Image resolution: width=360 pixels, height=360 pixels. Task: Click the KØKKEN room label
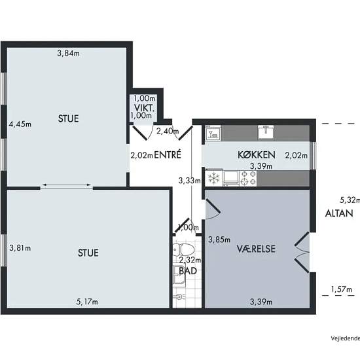pos(256,155)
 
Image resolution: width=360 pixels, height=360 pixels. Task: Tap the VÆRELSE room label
pos(256,249)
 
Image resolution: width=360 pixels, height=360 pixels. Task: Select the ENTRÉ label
pos(168,154)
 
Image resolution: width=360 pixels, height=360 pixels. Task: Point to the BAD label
pos(188,271)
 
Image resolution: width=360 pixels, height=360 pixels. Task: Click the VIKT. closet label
pos(144,108)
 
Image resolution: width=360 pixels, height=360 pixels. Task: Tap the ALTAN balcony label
pos(339,213)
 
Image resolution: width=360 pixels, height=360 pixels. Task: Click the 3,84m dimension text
pos(69,54)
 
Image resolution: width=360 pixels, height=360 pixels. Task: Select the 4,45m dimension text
pos(20,124)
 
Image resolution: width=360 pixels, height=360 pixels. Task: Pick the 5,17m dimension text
pos(87,302)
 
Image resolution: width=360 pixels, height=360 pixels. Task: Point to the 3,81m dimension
pos(20,248)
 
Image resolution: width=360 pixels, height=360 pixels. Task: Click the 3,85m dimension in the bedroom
pos(219,240)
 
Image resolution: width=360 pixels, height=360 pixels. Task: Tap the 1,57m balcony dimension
pos(341,289)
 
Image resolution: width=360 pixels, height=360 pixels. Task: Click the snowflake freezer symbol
pos(214,179)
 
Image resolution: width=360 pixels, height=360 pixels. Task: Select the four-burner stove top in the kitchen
pos(248,178)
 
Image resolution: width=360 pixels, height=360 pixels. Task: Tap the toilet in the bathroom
pos(183,249)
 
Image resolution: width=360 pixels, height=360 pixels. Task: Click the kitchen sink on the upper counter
pos(266,132)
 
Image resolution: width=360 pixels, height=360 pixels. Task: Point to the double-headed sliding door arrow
pos(67,185)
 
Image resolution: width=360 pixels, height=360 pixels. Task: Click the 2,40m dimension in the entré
pos(168,132)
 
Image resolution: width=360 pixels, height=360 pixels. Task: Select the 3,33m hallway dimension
pos(190,181)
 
